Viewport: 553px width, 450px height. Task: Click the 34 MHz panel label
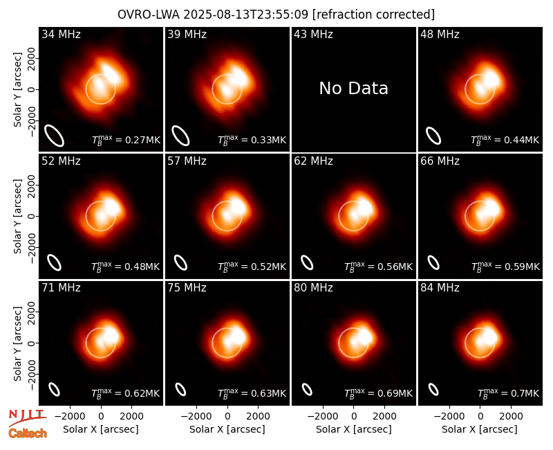coord(61,34)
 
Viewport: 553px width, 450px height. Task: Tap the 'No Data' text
coord(354,89)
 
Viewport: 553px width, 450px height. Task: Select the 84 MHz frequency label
coord(440,288)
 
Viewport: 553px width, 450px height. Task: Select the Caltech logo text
coord(28,433)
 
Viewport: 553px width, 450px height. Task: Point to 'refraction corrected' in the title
coord(373,15)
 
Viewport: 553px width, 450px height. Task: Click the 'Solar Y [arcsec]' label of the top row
coord(17,90)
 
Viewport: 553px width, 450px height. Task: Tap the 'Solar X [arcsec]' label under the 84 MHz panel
coord(480,429)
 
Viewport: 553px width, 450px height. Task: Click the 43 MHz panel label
coord(314,34)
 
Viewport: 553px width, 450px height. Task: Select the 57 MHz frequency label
coord(187,161)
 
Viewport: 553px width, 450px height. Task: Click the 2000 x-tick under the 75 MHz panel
coord(258,417)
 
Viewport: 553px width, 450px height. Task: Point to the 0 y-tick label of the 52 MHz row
coord(31,216)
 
